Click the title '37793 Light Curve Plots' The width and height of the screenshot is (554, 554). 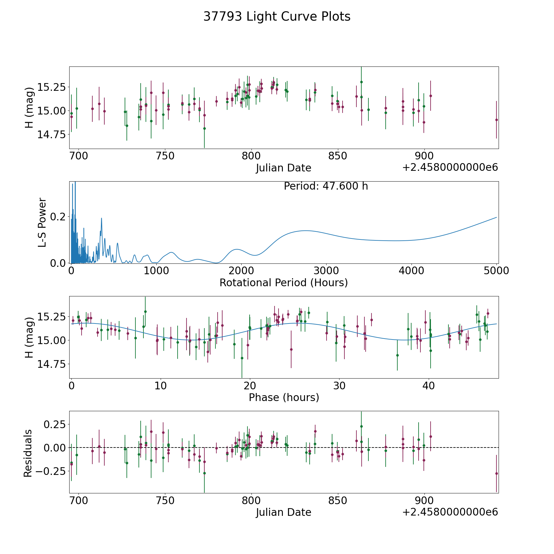277,17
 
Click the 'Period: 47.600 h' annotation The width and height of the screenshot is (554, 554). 326,186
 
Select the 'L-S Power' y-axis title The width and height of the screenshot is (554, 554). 42,222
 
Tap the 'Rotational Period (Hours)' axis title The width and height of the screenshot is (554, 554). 283,283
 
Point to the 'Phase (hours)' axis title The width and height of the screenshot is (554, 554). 284,397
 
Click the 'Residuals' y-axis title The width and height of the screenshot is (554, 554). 28,453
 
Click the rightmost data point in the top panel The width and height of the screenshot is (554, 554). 496,120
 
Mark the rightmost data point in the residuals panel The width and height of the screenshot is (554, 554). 496,473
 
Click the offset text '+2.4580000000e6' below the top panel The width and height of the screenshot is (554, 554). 450,167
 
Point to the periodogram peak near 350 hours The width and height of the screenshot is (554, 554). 101,218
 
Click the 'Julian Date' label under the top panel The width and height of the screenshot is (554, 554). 283,168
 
